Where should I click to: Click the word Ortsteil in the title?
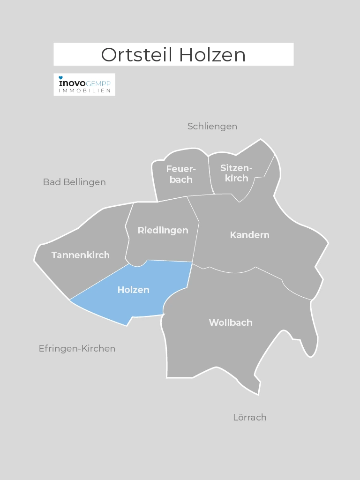coord(137,55)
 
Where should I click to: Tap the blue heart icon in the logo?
coord(60,77)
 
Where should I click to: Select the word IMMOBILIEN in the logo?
coord(84,90)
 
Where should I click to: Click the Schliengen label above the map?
coord(212,127)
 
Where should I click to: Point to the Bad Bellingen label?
coord(74,182)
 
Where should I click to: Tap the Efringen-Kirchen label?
coord(77,349)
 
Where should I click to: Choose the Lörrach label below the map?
coord(249,417)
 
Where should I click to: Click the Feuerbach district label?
coord(181,174)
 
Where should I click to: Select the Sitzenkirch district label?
coord(236,173)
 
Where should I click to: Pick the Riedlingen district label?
coord(163,230)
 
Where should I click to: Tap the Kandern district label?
coord(249,235)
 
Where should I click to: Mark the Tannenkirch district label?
coord(80,255)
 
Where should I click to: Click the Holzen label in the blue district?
coord(133,290)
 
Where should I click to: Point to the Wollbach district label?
coord(231,322)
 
